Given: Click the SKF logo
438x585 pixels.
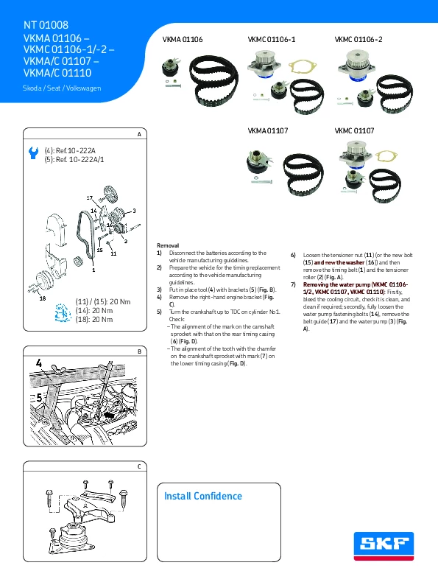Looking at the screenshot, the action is (384, 546).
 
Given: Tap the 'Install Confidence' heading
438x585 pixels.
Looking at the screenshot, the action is (202, 496).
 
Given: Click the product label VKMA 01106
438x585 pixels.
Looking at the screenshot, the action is (183, 39).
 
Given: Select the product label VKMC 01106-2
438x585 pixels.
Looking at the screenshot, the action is (358, 39).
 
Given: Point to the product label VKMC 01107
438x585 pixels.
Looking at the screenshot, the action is (354, 130).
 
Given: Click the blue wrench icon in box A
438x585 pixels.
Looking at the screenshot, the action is (34, 153).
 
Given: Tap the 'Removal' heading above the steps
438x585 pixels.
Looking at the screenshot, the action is (168, 245).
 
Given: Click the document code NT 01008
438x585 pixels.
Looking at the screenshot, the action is (46, 25).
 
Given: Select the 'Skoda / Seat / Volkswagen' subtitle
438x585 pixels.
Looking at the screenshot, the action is (62, 88).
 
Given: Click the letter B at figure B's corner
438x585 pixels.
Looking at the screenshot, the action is (139, 351).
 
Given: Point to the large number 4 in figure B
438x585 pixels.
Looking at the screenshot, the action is (39, 363).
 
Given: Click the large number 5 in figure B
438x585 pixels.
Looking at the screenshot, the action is (39, 398).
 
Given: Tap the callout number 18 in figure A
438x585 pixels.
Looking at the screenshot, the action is (43, 298).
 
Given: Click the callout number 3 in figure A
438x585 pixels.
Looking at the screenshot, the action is (134, 211).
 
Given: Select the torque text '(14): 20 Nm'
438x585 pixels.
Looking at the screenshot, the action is (94, 310).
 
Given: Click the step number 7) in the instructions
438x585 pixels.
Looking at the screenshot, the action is (294, 284).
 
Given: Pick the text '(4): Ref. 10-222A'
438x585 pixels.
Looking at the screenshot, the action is (70, 151).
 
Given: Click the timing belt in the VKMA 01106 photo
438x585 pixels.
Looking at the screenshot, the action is (213, 81).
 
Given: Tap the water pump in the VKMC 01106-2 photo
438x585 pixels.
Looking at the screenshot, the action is (356, 65).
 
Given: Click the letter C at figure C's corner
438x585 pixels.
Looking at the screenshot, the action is (139, 466).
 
